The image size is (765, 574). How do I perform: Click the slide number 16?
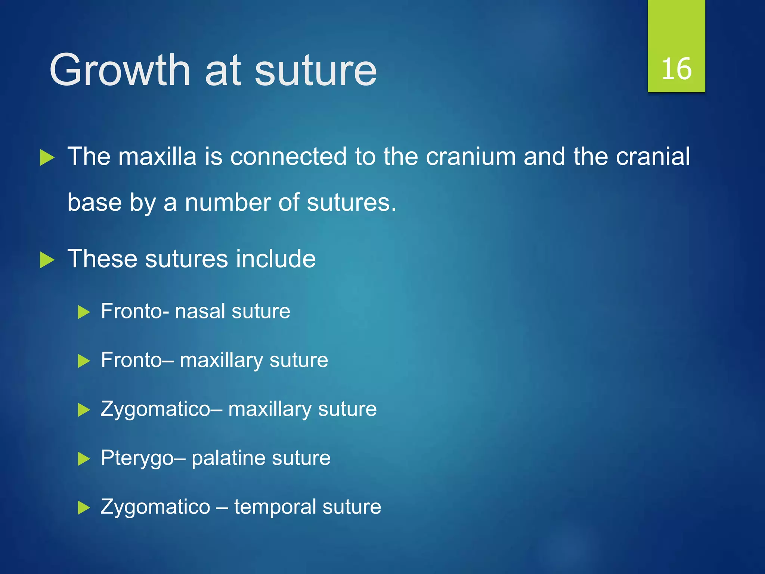pyautogui.click(x=676, y=69)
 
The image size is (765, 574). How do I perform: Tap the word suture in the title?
pyautogui.click(x=316, y=71)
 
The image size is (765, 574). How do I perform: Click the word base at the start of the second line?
pyautogui.click(x=95, y=203)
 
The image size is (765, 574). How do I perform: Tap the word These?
pyautogui.click(x=102, y=259)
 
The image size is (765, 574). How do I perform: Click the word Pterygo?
pyautogui.click(x=137, y=458)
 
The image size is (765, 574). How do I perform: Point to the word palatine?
pyautogui.click(x=222, y=458)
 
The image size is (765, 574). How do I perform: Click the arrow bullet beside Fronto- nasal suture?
pyautogui.click(x=84, y=312)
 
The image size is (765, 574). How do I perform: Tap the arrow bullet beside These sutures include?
pyautogui.click(x=47, y=260)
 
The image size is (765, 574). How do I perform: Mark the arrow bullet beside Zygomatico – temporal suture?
pyautogui.click(x=84, y=508)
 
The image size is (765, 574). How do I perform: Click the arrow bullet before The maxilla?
pyautogui.click(x=47, y=158)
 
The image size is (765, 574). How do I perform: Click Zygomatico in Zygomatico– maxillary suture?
pyautogui.click(x=155, y=409)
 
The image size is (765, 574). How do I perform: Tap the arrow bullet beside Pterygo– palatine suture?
pyautogui.click(x=84, y=459)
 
